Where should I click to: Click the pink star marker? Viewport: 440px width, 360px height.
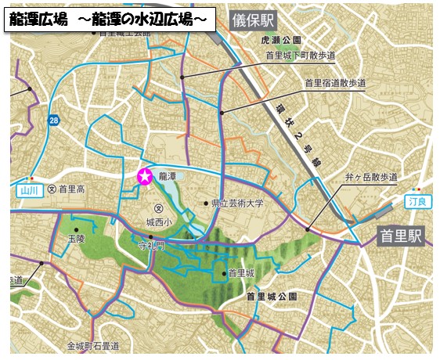coord(144,177)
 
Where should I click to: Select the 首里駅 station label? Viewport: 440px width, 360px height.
coord(400,235)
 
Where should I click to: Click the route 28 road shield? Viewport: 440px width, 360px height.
coord(52,120)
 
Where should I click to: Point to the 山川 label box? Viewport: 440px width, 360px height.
coord(28,189)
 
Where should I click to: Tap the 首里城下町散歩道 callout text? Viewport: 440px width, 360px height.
coord(300,56)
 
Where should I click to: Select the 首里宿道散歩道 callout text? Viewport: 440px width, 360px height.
coord(334,82)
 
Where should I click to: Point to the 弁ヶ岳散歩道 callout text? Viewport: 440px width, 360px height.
coord(371,178)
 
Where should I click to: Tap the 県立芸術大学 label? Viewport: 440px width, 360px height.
coord(238,203)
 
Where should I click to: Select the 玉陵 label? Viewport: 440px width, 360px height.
coord(76,236)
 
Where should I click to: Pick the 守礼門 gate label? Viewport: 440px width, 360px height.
coord(152,245)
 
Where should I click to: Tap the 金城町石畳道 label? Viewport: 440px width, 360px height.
coord(92,345)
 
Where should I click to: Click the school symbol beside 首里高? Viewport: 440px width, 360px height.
coord(52,189)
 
